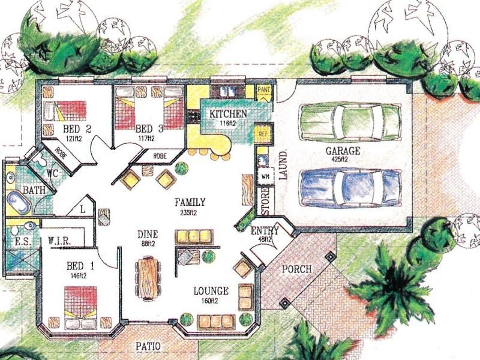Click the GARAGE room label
(343, 151)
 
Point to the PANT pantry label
(263, 91)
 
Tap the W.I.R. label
(60, 241)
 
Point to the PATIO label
(147, 346)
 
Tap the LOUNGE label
(210, 292)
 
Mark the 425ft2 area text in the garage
(343, 160)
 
